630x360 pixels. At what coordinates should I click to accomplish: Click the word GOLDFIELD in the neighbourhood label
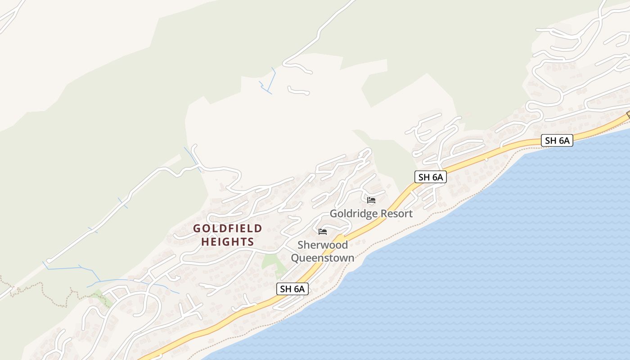pos(227,229)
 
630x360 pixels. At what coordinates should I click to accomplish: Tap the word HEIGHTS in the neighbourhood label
pos(227,242)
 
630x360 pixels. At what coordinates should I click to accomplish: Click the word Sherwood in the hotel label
pos(322,245)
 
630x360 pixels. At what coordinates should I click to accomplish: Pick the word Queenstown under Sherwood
pos(322,258)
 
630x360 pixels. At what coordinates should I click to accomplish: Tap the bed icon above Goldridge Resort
pos(371,200)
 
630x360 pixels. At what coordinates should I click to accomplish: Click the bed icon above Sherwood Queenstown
pos(322,232)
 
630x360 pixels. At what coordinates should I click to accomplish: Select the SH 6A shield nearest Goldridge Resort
pos(431,177)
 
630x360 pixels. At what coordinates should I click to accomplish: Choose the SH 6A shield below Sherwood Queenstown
pos(292,289)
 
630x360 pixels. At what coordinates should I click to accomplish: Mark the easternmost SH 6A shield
pos(557,140)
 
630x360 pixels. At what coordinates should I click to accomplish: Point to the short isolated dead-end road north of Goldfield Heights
pos(298,91)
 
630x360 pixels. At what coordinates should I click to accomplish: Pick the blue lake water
pos(495,270)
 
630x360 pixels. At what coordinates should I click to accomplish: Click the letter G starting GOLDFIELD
pos(197,229)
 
